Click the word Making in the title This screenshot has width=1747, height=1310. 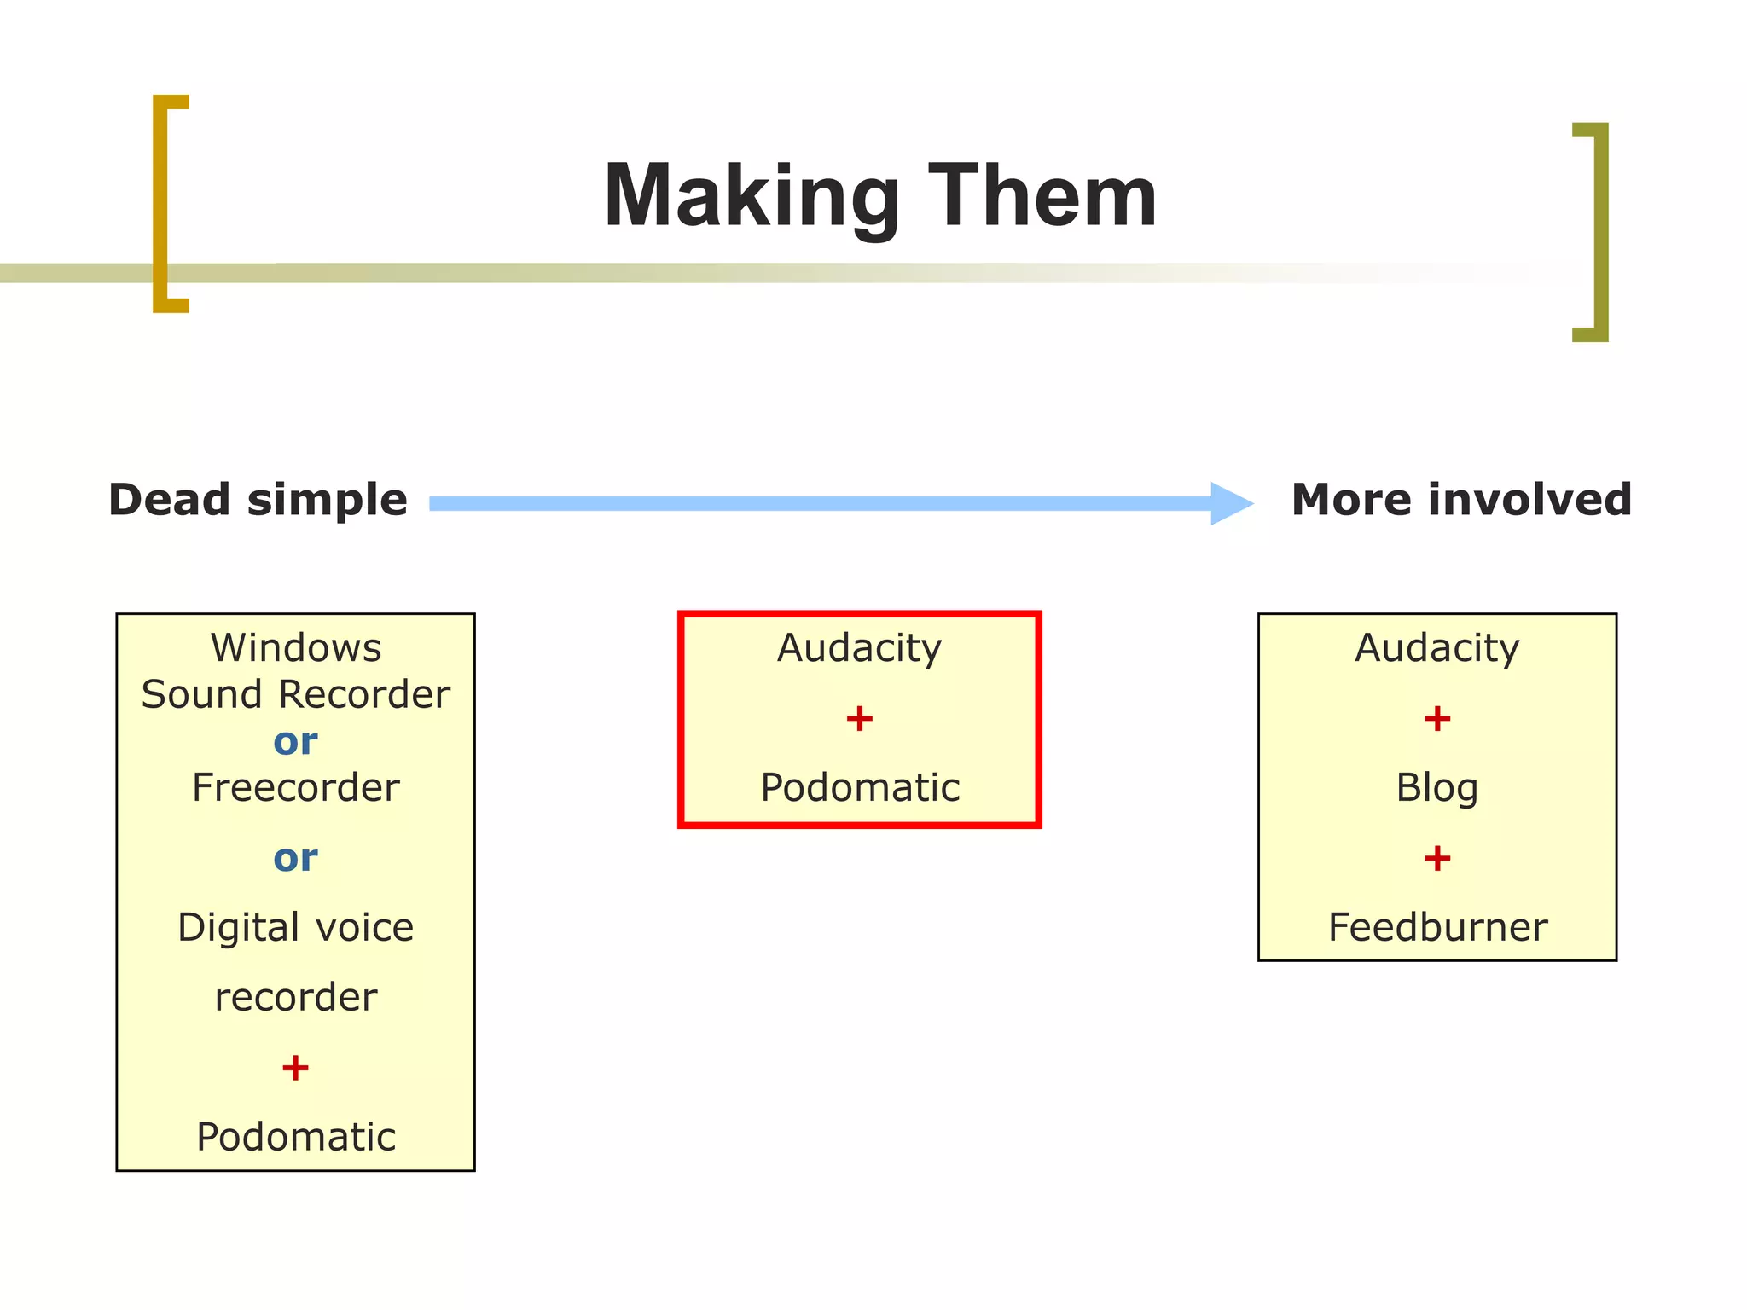pos(751,198)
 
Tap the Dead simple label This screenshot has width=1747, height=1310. pos(258,500)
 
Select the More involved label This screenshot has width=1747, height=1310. pos(1461,500)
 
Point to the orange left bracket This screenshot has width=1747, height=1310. pos(161,203)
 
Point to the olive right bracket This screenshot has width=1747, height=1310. pos(1600,232)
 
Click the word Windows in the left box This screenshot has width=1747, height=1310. pos(296,648)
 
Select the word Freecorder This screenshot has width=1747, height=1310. pos(295,787)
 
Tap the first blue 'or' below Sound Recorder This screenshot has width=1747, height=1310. pos(295,741)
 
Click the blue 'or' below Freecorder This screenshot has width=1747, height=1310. pos(295,857)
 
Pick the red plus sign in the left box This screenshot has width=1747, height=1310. pos(295,1068)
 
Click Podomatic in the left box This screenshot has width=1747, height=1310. pos(296,1137)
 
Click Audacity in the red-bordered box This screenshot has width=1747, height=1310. pos(859,648)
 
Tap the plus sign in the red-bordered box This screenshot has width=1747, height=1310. pos(859,718)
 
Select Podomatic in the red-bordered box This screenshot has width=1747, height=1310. pos(860,787)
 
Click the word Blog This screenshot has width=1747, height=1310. pos(1436,787)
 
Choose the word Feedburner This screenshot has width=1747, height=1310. pos(1437,927)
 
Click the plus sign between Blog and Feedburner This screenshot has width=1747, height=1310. pos(1437,858)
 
